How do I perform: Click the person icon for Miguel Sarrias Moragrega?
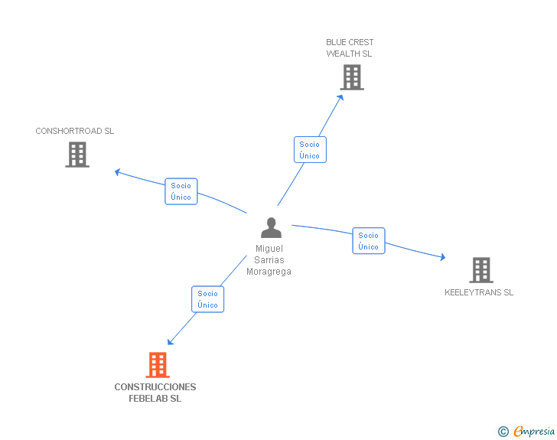[x=271, y=228]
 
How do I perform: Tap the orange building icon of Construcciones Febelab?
[x=158, y=365]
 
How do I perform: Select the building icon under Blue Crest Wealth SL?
[x=351, y=77]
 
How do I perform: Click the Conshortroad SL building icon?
[x=77, y=155]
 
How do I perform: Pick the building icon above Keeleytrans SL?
[x=480, y=269]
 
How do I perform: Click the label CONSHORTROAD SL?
[x=75, y=131]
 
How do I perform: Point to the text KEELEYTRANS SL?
[x=479, y=292]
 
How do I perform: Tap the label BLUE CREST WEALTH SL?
[x=350, y=47]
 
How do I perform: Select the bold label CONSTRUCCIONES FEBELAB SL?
[x=155, y=393]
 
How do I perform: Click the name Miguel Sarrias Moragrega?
[x=269, y=260]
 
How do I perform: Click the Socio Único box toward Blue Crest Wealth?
[x=310, y=150]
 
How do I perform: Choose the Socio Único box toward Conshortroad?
[x=181, y=191]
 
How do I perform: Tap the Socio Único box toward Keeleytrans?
[x=368, y=241]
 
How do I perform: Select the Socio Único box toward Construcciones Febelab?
[x=207, y=299]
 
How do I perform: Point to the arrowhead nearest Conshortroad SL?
[x=118, y=172]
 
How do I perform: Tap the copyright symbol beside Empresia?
[x=503, y=432]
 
